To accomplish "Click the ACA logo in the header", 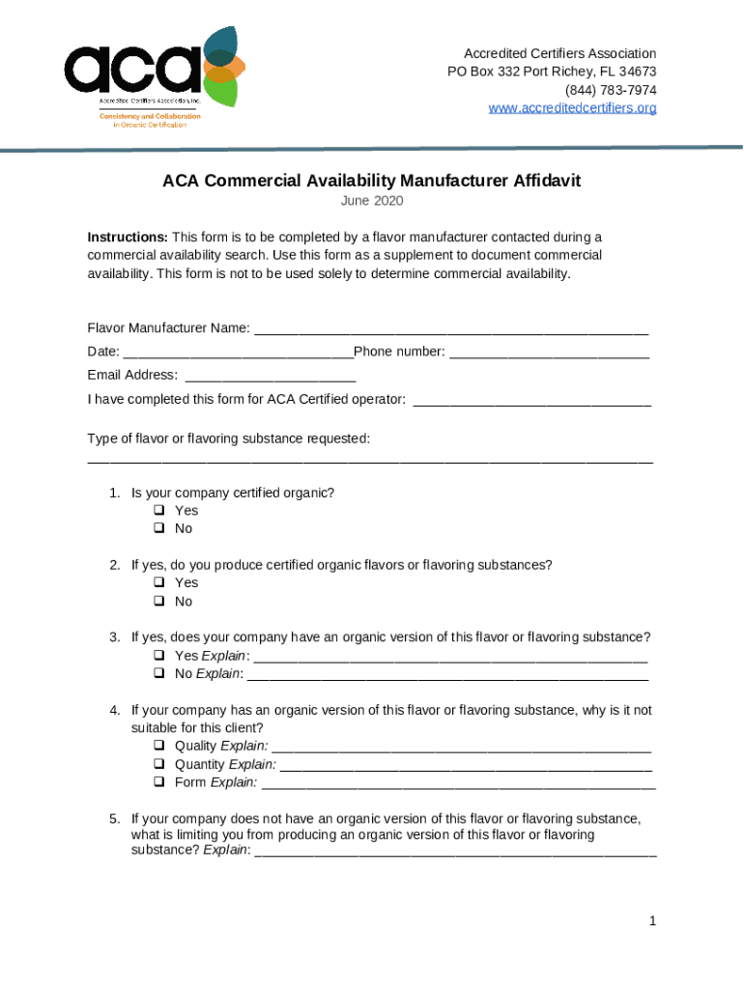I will (x=150, y=75).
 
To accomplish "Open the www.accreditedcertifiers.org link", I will (x=572, y=108).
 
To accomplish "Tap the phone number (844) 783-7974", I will (x=606, y=90).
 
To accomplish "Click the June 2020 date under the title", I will (x=372, y=201).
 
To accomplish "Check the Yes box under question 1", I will (x=159, y=510).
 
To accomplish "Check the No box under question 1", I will (x=159, y=528).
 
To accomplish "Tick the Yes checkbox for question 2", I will (x=159, y=582).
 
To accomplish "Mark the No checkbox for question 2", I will (x=159, y=601).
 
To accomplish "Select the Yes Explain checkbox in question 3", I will (x=159, y=656).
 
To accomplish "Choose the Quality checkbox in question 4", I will (x=159, y=746).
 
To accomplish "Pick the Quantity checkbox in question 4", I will (x=159, y=764).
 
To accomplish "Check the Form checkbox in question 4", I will (x=159, y=782).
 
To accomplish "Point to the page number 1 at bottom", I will (x=653, y=921).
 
